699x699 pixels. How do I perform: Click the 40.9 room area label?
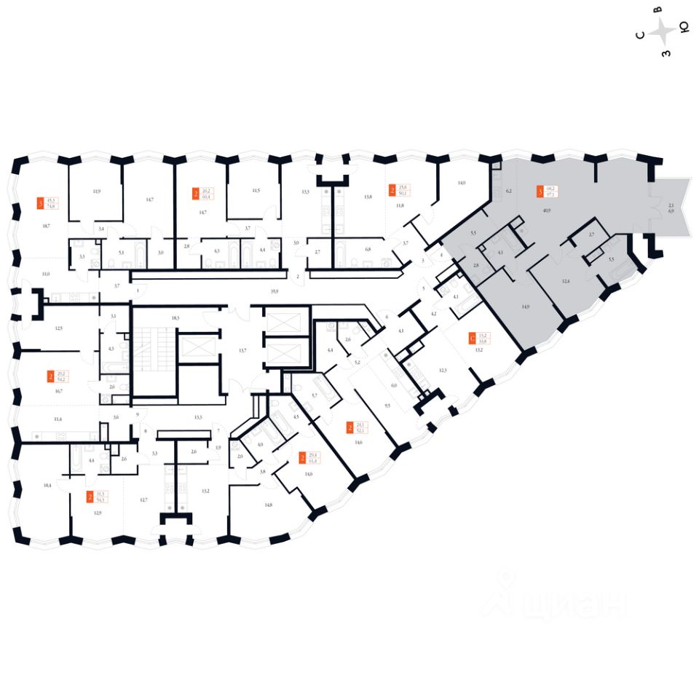tap(545, 210)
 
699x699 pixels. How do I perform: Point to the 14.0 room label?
tap(461, 183)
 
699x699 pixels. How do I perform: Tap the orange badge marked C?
tap(473, 337)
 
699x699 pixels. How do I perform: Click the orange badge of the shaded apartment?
tap(539, 191)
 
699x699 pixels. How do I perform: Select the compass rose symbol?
tap(663, 31)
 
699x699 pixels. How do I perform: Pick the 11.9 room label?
tap(97, 191)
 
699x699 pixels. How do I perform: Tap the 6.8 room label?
tap(367, 250)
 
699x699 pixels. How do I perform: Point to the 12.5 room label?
tap(58, 328)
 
